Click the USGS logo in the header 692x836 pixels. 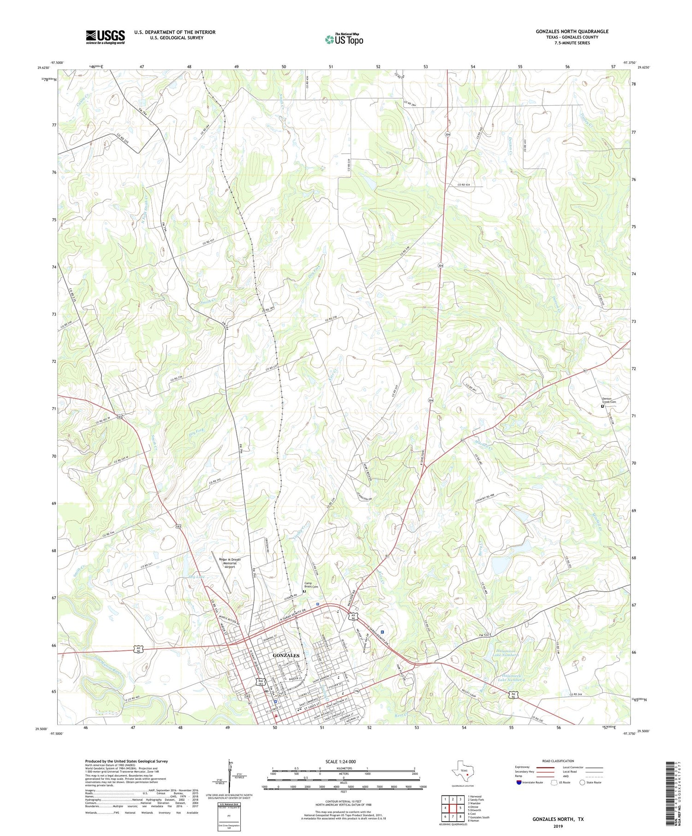click(x=105, y=37)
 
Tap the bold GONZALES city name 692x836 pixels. click(x=286, y=655)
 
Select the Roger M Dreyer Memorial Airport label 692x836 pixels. click(x=230, y=563)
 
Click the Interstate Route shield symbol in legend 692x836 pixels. click(x=519, y=783)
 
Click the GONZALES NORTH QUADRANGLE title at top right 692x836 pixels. click(x=572, y=31)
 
